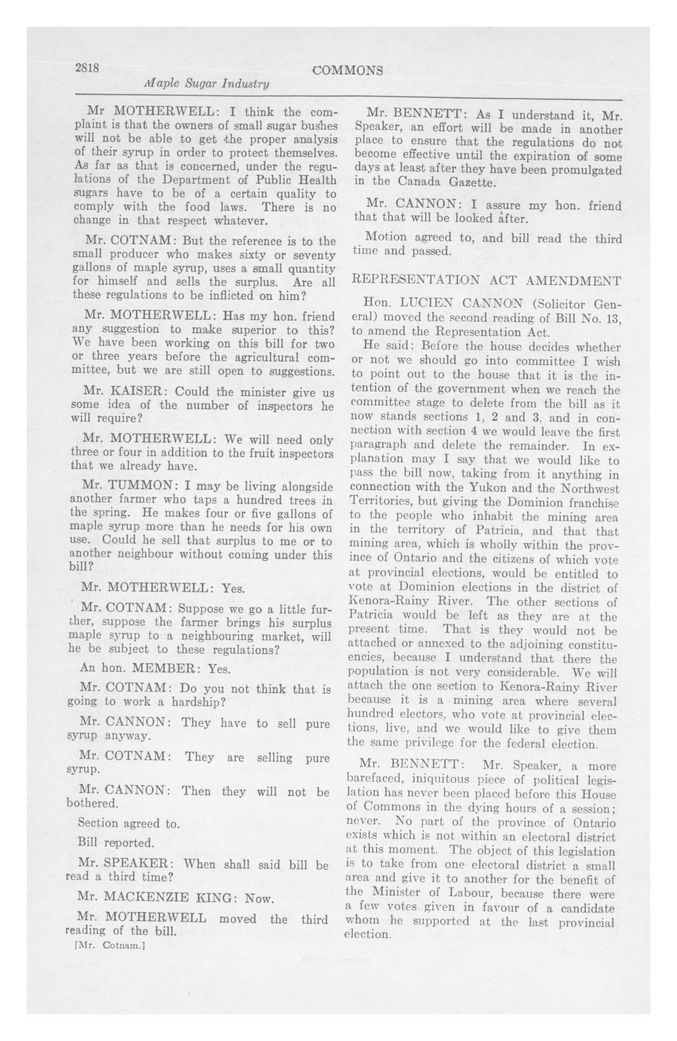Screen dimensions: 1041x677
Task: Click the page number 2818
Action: click(x=87, y=68)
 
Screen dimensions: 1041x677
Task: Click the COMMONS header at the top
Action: click(x=348, y=71)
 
